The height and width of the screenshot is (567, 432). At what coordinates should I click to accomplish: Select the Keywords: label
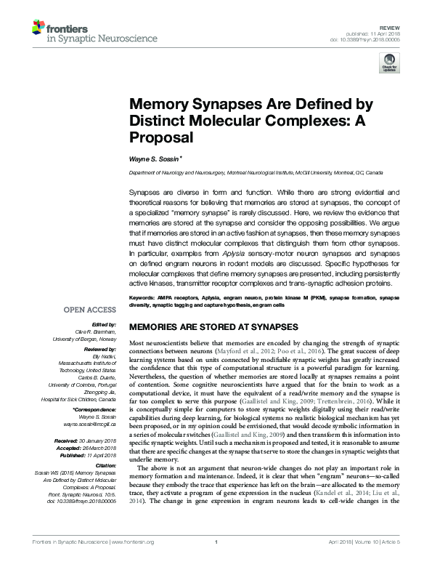tap(142, 298)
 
